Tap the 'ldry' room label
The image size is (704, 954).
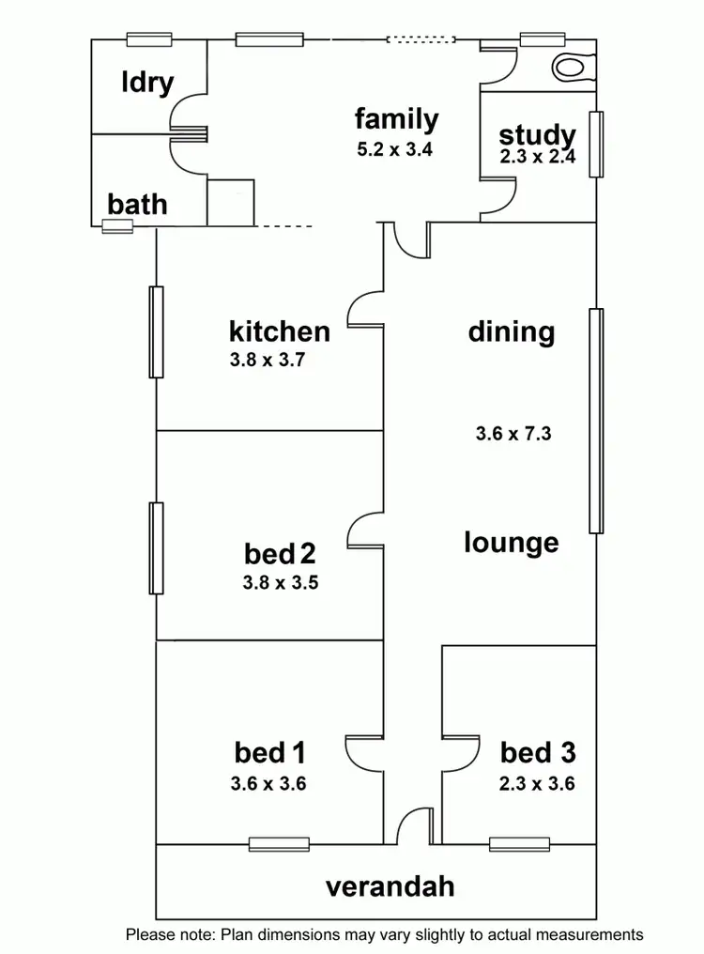[147, 82]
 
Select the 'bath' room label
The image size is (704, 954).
[137, 203]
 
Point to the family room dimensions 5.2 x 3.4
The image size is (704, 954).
[394, 148]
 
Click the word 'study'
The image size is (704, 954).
[536, 134]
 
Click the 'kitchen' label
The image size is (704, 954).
[280, 331]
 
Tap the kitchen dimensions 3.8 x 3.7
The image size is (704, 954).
[280, 358]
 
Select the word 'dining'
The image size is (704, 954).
[512, 331]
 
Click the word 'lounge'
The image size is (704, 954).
[512, 542]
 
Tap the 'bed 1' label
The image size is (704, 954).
[269, 752]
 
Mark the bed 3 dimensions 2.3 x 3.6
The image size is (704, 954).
[537, 783]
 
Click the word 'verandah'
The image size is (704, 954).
[390, 885]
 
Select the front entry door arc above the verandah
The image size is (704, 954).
[410, 826]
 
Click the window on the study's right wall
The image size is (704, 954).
[595, 144]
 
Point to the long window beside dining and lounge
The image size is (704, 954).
[595, 421]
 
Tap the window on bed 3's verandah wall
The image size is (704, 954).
[519, 844]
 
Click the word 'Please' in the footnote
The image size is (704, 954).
[150, 934]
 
